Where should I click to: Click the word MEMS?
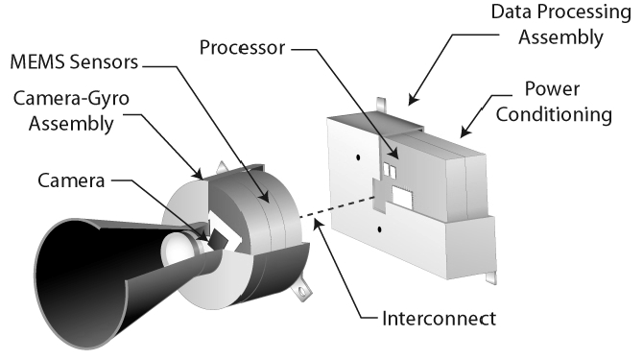point(37,61)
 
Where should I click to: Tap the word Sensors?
point(104,61)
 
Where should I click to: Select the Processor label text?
point(242,48)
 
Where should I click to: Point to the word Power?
point(552,89)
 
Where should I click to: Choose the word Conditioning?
point(554,114)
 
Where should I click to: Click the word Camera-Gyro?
point(71,99)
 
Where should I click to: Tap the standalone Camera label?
point(71,180)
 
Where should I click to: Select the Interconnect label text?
point(439,319)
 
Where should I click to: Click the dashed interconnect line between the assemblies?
point(336,207)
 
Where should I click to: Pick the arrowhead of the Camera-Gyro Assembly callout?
point(199,174)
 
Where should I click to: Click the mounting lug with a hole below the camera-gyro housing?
point(301,290)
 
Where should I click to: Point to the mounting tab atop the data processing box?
point(381,105)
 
